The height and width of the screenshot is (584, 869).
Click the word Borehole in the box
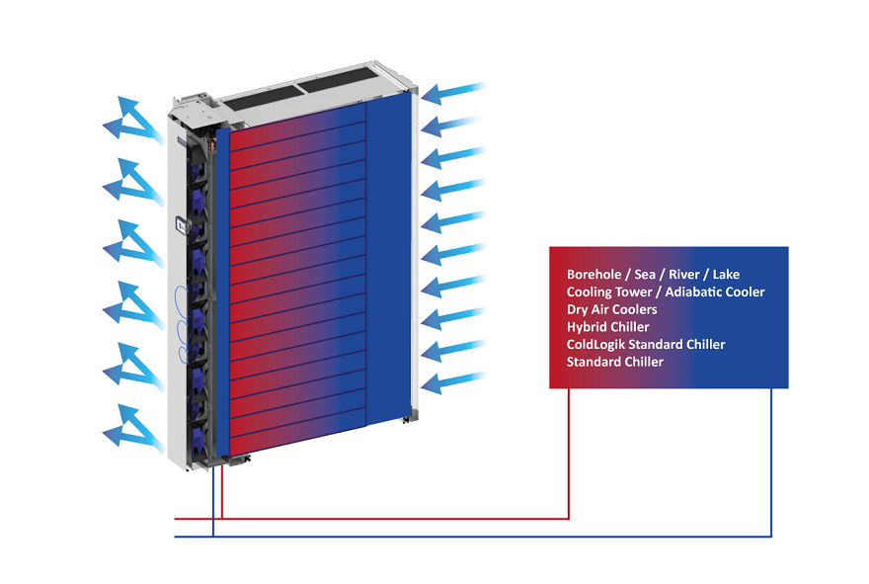[593, 274]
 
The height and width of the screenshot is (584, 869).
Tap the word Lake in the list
[726, 274]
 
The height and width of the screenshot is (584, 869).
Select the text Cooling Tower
[609, 292]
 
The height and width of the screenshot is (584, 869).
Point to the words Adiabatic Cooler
[715, 292]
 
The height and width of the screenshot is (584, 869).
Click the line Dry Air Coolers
[612, 309]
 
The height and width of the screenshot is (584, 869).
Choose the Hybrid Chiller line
[607, 327]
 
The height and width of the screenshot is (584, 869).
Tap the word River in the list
[684, 274]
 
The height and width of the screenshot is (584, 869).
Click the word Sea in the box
[645, 274]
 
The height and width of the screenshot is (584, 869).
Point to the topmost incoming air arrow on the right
[453, 93]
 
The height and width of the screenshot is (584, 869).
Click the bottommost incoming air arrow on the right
[453, 382]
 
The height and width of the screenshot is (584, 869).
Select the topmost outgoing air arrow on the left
[133, 121]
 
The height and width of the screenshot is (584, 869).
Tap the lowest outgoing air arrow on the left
[133, 428]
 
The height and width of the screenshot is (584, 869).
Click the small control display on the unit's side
[182, 224]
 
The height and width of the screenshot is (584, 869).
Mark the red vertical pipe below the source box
[569, 454]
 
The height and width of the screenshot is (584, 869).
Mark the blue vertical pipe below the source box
[771, 462]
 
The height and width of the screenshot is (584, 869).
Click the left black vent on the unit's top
[262, 98]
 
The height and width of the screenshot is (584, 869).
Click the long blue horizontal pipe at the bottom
[473, 537]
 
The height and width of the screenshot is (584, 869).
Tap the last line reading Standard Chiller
[614, 362]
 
